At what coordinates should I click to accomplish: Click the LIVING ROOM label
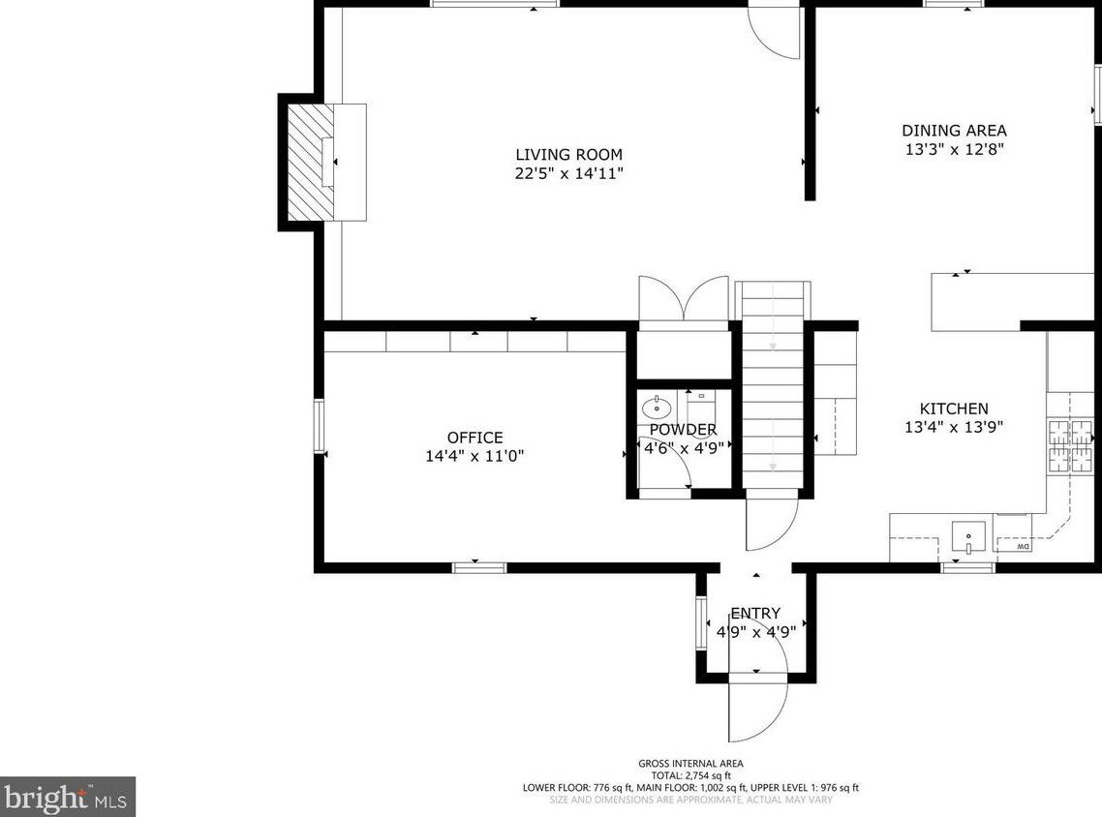[568, 155]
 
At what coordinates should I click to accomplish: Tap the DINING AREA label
[954, 131]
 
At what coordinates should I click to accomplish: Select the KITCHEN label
[954, 408]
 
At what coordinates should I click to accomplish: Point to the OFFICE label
[475, 438]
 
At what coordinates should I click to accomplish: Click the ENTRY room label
[755, 614]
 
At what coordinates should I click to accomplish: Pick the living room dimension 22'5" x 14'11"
[568, 173]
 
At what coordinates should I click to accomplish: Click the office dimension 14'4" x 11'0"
[475, 456]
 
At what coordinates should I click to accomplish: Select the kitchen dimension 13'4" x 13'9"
[954, 427]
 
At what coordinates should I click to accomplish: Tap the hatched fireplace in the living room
[311, 163]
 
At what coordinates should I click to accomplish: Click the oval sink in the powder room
[657, 407]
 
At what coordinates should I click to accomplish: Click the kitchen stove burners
[1070, 445]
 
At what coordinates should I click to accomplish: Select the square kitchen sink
[968, 537]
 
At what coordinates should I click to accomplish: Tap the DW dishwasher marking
[1023, 546]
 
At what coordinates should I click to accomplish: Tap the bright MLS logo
[68, 798]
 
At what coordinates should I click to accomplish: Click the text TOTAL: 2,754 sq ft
[690, 775]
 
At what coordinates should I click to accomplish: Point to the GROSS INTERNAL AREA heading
[690, 764]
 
